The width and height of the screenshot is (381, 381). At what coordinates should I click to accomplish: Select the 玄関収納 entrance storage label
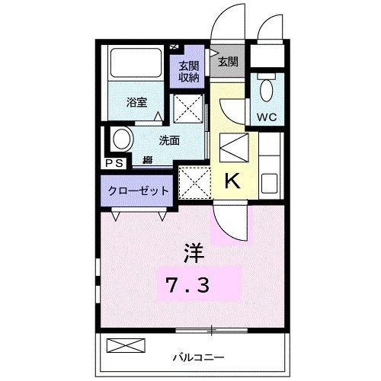[190, 70]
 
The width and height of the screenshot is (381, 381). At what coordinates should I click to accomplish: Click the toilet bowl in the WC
[265, 89]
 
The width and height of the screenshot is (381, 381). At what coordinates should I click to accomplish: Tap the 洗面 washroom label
[169, 140]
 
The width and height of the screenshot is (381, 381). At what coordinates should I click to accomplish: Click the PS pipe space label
[114, 162]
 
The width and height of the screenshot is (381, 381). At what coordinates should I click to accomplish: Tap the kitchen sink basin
[270, 183]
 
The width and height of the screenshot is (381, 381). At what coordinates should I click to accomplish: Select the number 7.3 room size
[190, 287]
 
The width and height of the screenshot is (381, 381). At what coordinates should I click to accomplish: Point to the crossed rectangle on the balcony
[125, 345]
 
